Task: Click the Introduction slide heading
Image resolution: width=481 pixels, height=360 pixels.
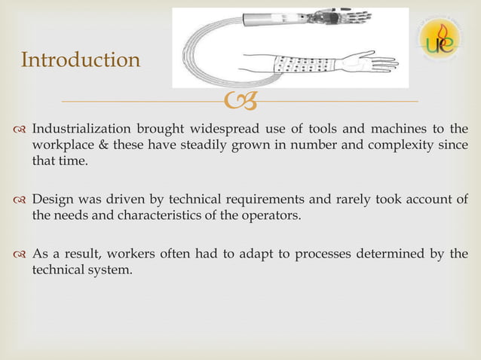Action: pos(81,59)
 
